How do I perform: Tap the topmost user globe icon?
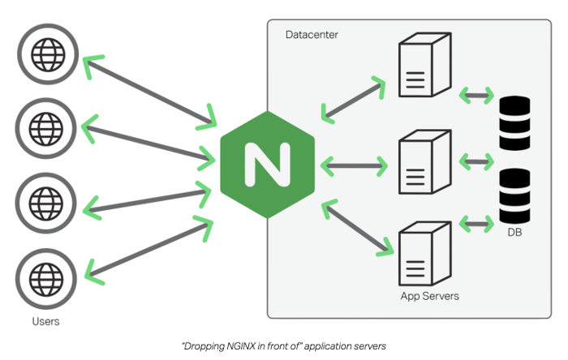pos(45,54)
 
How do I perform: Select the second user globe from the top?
pos(45,126)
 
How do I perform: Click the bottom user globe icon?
pos(45,278)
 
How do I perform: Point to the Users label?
pos(45,322)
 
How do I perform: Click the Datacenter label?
pos(312,36)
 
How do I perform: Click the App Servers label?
pos(429,296)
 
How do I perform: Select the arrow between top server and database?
pos(476,95)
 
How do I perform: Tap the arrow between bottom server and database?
pos(476,221)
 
